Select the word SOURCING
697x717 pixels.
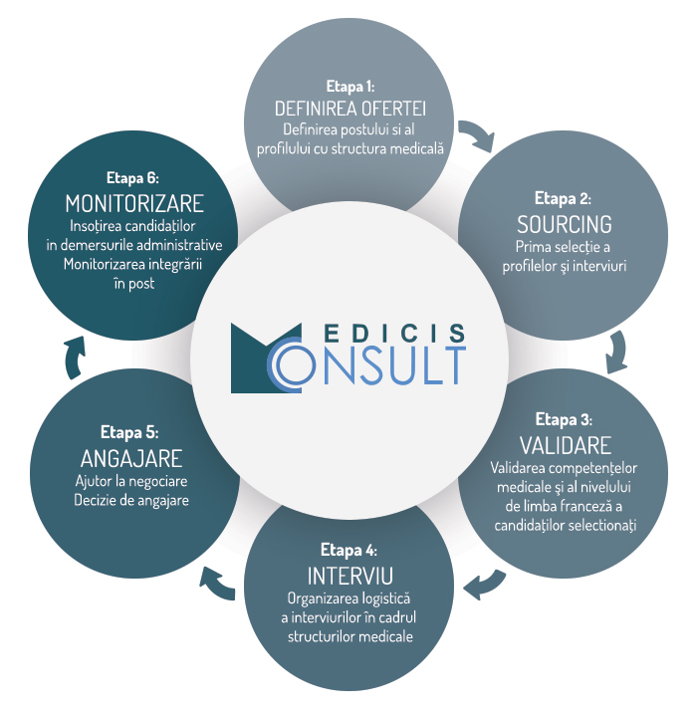(x=564, y=222)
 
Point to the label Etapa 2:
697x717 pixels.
(x=564, y=197)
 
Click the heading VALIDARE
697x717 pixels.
(x=565, y=443)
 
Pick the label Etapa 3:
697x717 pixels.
(x=565, y=418)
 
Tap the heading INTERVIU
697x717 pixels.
(x=349, y=576)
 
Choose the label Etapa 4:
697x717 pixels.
(x=349, y=550)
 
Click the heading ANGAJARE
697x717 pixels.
(x=130, y=459)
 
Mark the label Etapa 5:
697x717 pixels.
(x=130, y=433)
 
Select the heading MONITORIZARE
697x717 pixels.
(x=134, y=204)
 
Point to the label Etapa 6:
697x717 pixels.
(x=134, y=179)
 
